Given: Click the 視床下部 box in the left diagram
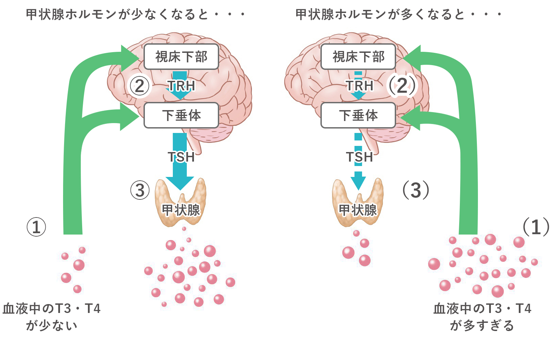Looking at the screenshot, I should tap(181, 57).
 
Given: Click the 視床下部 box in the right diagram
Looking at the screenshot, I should tap(358, 57).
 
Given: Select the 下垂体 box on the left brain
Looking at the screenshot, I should tap(181, 115).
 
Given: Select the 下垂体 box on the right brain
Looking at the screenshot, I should tap(358, 115).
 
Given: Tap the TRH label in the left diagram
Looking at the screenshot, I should tap(181, 86).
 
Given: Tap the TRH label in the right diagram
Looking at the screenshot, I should tap(359, 86).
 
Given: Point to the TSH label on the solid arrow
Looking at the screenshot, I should tap(181, 157).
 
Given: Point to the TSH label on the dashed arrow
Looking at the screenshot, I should tap(359, 157).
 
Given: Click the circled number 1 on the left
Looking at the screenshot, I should tap(36, 227).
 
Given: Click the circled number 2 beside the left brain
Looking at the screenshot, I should tap(139, 86).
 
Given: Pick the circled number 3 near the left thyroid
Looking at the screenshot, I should tap(140, 190).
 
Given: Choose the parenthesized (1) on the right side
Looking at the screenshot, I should tap(536, 227).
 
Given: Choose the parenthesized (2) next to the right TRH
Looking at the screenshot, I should tap(402, 86).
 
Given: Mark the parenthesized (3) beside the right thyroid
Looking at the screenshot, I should tap(416, 190).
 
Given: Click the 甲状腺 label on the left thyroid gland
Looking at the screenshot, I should tap(181, 210).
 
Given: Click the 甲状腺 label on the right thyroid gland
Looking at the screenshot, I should tap(358, 210).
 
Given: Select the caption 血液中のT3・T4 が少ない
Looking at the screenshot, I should tap(51, 317).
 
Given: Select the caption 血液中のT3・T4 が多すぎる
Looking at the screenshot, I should tap(482, 317).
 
